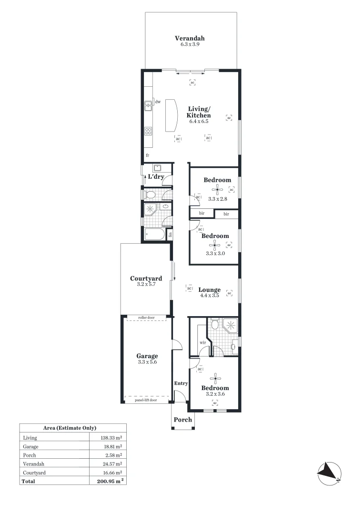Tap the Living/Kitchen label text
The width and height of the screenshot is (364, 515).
click(198, 113)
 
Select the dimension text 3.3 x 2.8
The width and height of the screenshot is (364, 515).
click(217, 199)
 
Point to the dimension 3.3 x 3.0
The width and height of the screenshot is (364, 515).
click(215, 253)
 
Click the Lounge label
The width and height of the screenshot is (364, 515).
click(209, 289)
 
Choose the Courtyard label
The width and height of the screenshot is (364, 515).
click(146, 278)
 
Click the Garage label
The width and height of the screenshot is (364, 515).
click(147, 356)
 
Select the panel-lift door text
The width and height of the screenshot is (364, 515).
click(146, 400)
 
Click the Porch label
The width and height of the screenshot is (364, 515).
click(182, 420)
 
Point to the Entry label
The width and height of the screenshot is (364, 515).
click(181, 383)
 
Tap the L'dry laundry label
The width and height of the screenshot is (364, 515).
click(156, 177)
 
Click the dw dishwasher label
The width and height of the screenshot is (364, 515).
click(157, 102)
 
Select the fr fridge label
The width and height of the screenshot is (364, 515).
click(148, 155)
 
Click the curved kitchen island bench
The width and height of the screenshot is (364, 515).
click(171, 115)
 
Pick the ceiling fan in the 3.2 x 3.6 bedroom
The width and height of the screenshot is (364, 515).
click(215, 379)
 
